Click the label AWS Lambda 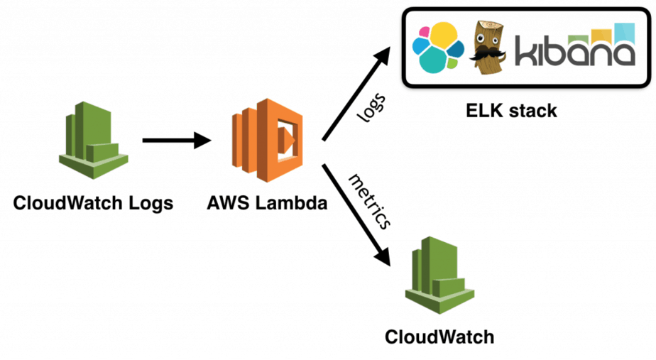tap(267, 204)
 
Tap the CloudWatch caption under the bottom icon tap(439, 336)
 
